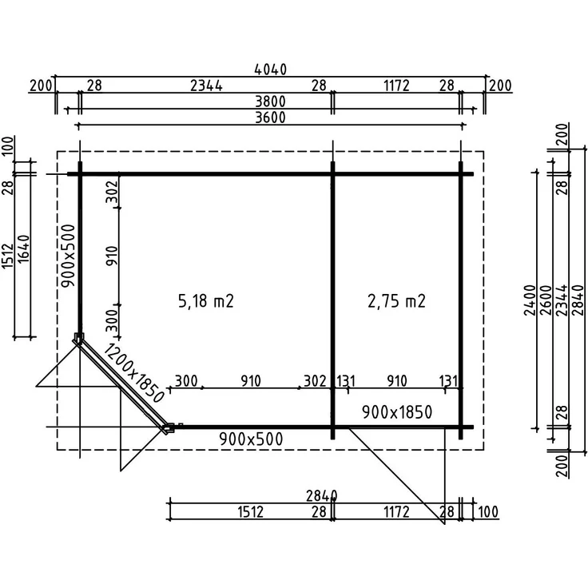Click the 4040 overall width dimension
pyautogui.click(x=270, y=70)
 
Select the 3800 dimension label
pyautogui.click(x=270, y=101)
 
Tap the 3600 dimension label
pyautogui.click(x=270, y=117)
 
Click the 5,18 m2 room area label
pyautogui.click(x=206, y=301)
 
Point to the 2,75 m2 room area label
pyautogui.click(x=396, y=301)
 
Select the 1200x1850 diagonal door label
pyautogui.click(x=134, y=373)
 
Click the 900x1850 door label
pyautogui.click(x=397, y=412)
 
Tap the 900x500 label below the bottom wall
pyautogui.click(x=251, y=439)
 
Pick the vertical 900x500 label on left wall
pyautogui.click(x=69, y=256)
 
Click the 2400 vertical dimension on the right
pyautogui.click(x=530, y=300)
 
